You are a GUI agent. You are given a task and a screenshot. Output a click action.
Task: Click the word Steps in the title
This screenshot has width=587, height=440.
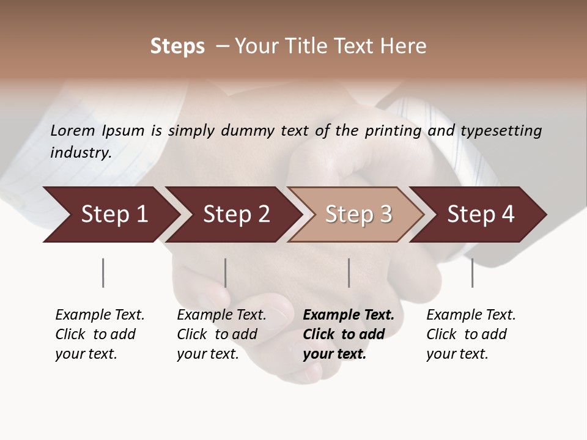[177, 46]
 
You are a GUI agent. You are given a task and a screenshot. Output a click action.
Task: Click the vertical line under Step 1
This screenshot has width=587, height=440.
[103, 273]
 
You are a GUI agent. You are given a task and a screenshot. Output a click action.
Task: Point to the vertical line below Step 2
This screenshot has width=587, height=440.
[226, 273]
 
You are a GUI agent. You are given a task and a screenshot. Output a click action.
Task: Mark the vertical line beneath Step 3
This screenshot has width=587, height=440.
[349, 273]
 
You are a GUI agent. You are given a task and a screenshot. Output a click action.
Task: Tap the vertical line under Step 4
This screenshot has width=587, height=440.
[472, 273]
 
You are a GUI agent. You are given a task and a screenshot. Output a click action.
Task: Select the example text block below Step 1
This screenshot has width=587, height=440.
[100, 334]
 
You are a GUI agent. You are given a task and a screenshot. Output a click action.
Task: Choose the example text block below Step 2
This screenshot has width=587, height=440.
[221, 334]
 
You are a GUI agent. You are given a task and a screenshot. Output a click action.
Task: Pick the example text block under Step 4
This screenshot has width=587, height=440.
[471, 334]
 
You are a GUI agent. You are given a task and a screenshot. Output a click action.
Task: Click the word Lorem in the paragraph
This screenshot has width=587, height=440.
[73, 131]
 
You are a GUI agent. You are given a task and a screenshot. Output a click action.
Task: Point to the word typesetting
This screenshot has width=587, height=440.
[501, 131]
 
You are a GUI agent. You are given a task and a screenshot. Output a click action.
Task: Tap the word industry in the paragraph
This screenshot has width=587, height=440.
[80, 153]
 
